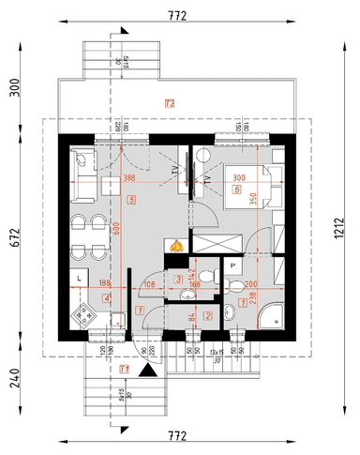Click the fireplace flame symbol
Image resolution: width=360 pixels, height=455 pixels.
click(173, 247)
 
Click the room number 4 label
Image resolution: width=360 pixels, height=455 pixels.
click(107, 298)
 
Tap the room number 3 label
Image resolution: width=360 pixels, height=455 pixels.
click(178, 279)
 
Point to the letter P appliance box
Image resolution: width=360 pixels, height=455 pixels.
click(232, 266)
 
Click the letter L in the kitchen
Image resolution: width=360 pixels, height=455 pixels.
click(80, 281)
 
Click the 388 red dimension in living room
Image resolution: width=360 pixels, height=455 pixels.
click(129, 179)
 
